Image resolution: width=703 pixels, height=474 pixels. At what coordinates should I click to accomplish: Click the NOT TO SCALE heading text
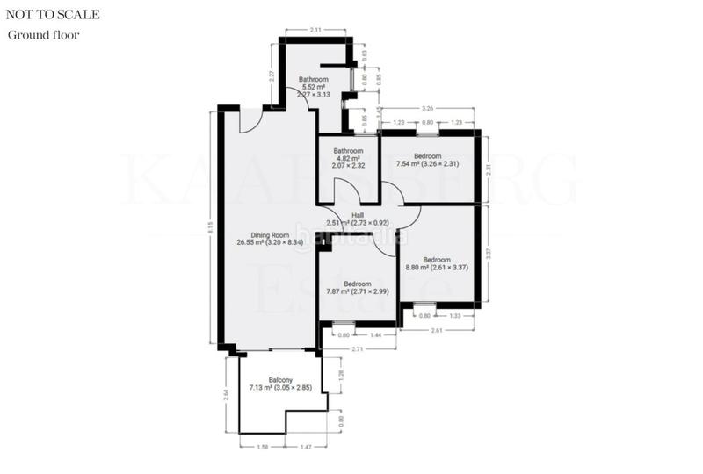(53, 15)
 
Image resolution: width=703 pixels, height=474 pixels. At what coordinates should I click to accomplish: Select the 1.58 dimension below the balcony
(262, 446)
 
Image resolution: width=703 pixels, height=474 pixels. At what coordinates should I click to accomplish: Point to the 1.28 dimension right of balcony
(340, 374)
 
